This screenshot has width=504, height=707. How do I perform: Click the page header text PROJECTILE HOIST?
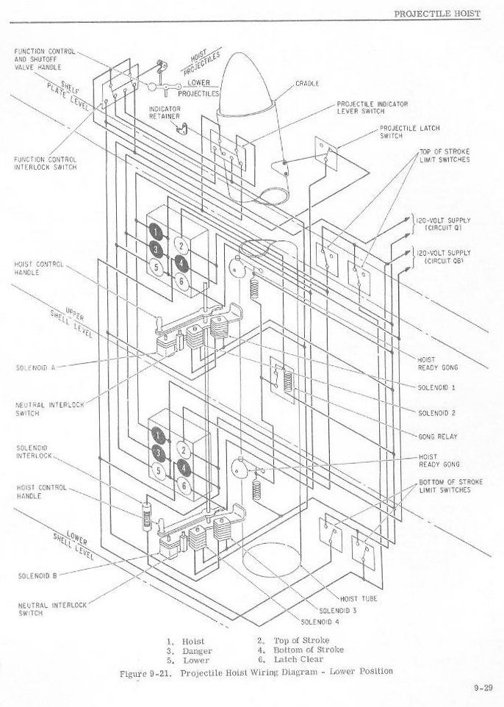[x=437, y=13]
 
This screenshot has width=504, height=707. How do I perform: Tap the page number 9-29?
[x=483, y=689]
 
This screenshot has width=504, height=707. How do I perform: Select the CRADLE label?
[x=307, y=84]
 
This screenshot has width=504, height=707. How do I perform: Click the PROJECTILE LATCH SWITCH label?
[x=409, y=132]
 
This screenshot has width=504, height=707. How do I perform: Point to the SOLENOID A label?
[x=35, y=367]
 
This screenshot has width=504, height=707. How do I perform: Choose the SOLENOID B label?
[x=37, y=575]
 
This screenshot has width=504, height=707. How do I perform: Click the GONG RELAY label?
[x=438, y=437]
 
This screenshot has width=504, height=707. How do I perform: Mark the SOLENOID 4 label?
[x=320, y=622]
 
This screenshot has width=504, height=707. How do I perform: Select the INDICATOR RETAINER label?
[x=165, y=112]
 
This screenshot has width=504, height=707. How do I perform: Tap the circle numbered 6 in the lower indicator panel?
[x=184, y=486]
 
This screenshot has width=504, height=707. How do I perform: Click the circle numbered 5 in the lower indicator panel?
[x=158, y=470]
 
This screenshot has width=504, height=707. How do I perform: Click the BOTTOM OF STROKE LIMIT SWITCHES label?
[x=450, y=486]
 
